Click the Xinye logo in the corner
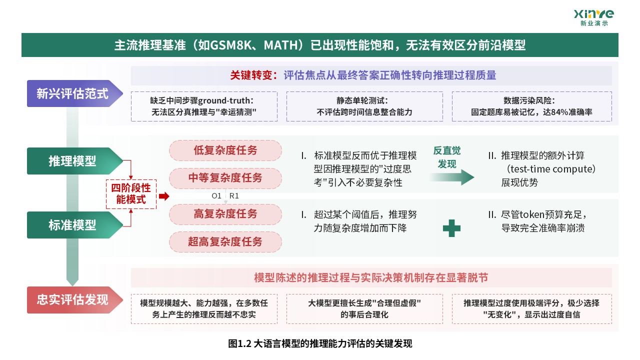tap(593, 17)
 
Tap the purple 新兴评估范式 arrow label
tap(75, 93)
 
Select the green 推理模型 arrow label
tap(75, 161)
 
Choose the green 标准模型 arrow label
tap(75, 225)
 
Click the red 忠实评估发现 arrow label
tap(75, 300)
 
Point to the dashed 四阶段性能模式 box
tap(131, 194)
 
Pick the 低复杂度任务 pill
tap(225, 150)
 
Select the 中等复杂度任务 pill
tap(225, 178)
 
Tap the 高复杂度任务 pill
tap(225, 214)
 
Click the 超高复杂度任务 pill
tap(225, 241)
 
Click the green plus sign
tap(451, 228)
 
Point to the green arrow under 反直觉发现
tap(452, 177)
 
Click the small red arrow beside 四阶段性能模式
tap(164, 196)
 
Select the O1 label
tap(216, 196)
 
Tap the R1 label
tap(234, 196)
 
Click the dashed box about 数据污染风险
tap(531, 106)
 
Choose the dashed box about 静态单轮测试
tap(364, 106)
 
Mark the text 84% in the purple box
tap(559, 112)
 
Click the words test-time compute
tap(551, 169)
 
